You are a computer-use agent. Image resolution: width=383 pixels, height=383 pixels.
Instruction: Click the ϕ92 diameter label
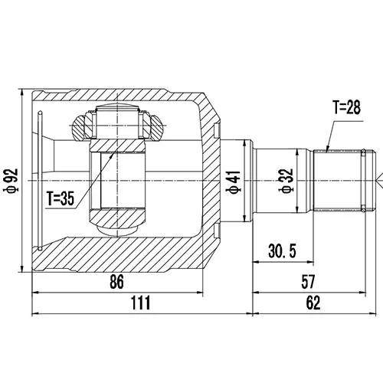pyautogui.click(x=11, y=180)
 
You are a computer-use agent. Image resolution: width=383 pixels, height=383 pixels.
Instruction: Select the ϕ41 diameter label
pyautogui.click(x=234, y=182)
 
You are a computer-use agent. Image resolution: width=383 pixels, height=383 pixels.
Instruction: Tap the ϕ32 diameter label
pyautogui.click(x=286, y=181)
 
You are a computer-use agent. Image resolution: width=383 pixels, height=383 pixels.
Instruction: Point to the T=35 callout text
pyautogui.click(x=61, y=198)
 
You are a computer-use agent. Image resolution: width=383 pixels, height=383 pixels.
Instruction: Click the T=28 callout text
pyautogui.click(x=347, y=107)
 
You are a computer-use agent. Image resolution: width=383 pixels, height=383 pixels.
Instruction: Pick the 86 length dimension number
pyautogui.click(x=116, y=281)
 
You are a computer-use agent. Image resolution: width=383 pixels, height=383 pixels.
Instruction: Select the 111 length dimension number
pyautogui.click(x=141, y=303)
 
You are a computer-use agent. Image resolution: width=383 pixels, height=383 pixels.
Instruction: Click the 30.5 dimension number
pyautogui.click(x=283, y=250)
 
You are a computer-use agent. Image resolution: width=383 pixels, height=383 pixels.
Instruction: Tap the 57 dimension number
pyautogui.click(x=308, y=281)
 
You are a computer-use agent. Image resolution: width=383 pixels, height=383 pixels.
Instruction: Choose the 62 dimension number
pyautogui.click(x=313, y=303)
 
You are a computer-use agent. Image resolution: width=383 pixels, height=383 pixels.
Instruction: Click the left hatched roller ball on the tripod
pyautogui.click(x=79, y=127)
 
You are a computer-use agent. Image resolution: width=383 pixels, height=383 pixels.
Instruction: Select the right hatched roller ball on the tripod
pyautogui.click(x=156, y=127)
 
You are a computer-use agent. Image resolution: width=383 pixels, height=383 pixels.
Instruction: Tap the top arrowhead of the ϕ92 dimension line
pyautogui.click(x=22, y=93)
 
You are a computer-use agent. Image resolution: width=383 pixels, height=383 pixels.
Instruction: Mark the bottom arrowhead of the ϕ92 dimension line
pyautogui.click(x=22, y=268)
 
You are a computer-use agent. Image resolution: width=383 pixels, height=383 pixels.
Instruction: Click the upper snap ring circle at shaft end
pyautogui.click(x=363, y=152)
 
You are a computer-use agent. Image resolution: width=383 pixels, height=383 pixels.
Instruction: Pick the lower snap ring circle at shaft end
pyautogui.click(x=363, y=209)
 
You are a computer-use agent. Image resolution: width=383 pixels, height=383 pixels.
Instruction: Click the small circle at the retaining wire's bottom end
pyautogui.click(x=40, y=248)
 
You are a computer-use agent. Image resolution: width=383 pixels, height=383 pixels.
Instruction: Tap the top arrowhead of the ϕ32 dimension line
pyautogui.click(x=297, y=153)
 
